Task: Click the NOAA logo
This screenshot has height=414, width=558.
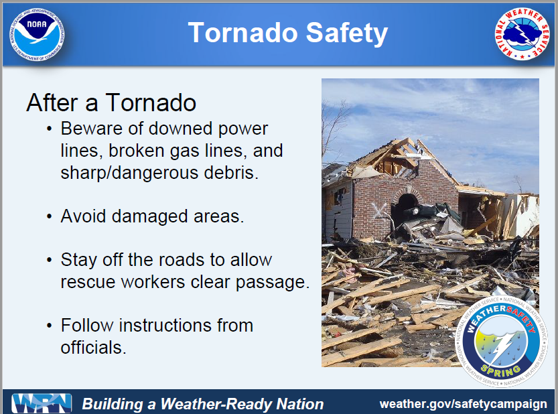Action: click(37, 34)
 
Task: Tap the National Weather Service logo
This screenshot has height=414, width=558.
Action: click(522, 33)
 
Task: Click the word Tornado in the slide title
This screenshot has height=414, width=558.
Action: click(242, 33)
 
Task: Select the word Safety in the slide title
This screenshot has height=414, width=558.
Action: click(346, 33)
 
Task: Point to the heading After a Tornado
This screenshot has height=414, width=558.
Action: click(111, 102)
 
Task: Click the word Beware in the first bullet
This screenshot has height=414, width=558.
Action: click(91, 129)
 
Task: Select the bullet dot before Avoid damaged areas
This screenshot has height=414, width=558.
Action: click(49, 216)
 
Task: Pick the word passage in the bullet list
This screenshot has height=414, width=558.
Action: click(272, 283)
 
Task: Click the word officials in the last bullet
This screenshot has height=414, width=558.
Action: click(93, 348)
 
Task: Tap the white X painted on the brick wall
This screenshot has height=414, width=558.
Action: click(378, 211)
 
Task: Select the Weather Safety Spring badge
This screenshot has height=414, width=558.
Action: click(502, 342)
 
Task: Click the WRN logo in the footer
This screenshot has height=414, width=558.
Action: click(42, 404)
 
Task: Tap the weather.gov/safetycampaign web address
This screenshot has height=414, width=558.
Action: click(463, 404)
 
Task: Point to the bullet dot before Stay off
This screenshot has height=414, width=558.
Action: click(49, 260)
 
